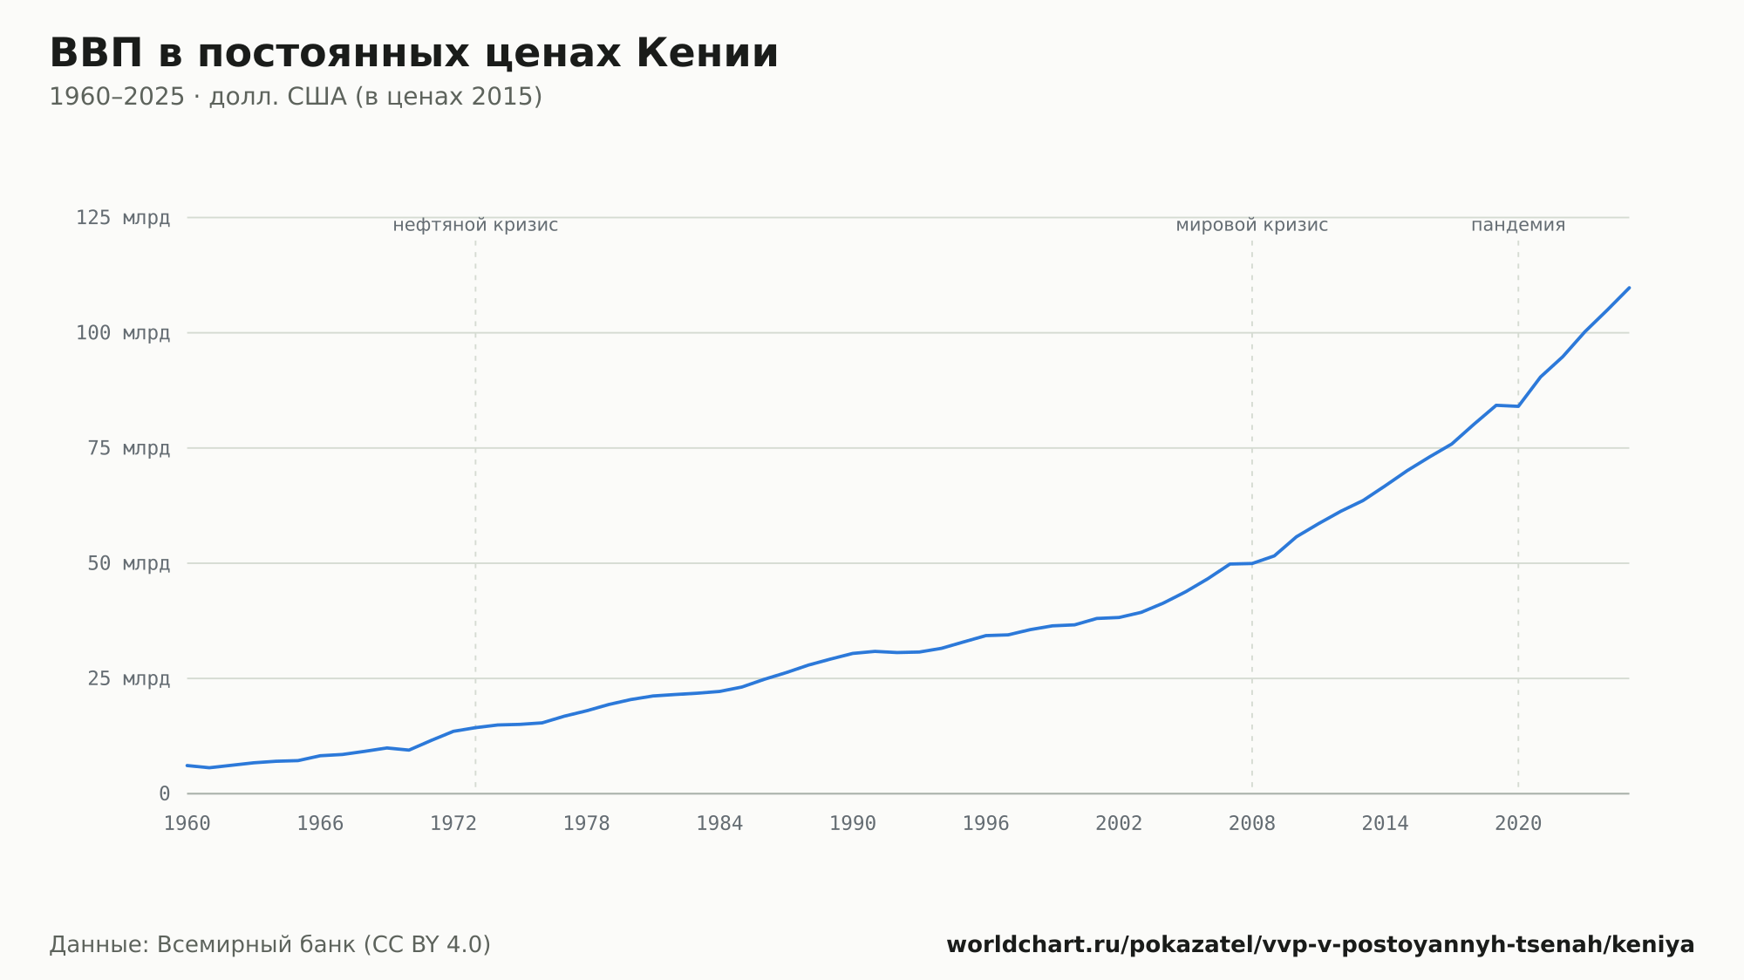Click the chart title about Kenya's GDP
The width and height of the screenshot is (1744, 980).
413,53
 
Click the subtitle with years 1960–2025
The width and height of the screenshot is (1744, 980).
296,97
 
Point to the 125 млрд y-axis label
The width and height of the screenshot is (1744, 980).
123,218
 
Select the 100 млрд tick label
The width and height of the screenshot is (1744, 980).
123,333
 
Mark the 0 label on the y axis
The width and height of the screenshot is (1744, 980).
165,793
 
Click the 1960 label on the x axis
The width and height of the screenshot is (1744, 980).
187,824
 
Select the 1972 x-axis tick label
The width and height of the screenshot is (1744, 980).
453,824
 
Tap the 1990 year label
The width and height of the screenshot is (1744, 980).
853,824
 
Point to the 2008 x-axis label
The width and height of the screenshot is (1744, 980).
1252,824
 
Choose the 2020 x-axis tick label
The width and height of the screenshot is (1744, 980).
1518,824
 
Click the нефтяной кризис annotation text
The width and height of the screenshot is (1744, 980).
475,225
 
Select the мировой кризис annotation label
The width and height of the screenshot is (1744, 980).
1252,225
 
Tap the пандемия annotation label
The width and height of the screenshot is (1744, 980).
1518,225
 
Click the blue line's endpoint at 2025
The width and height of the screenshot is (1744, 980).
1629,288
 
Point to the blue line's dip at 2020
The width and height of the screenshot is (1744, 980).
1518,406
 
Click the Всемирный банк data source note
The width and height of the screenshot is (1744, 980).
270,945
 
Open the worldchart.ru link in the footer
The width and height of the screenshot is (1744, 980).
1320,945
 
